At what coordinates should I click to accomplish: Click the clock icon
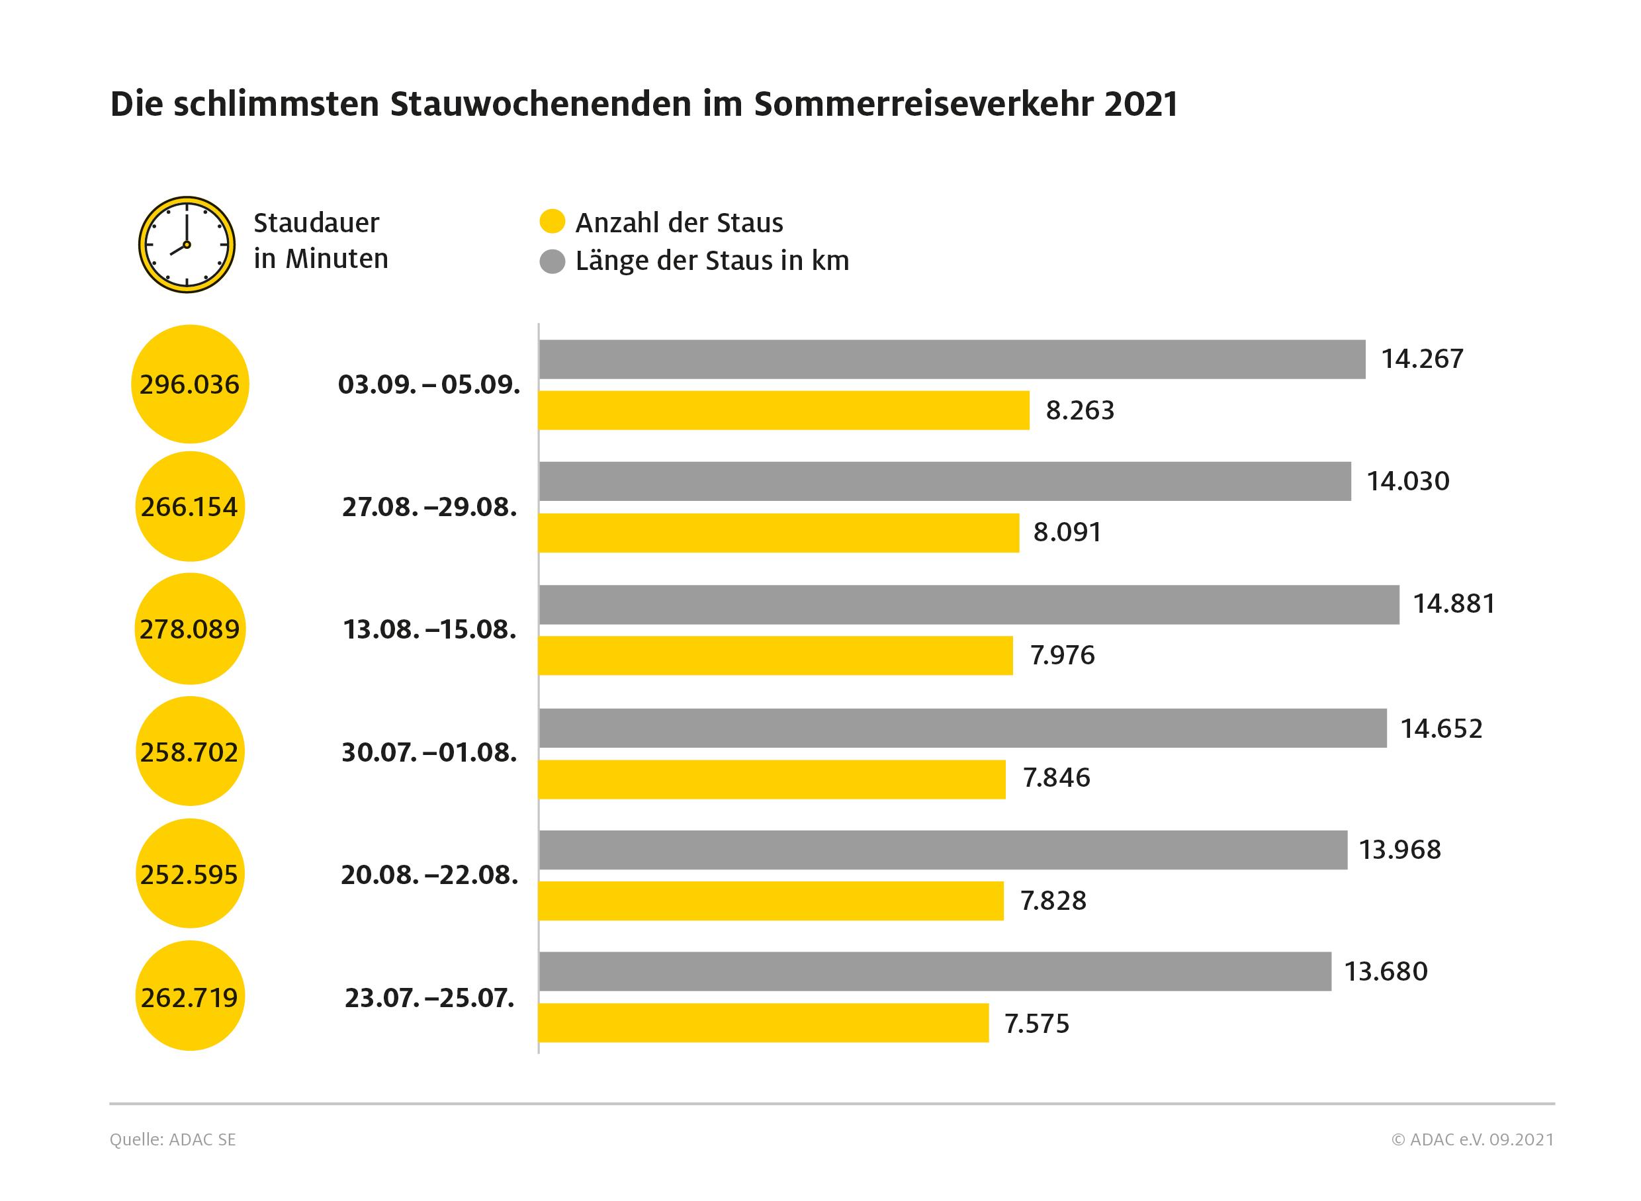pos(187,244)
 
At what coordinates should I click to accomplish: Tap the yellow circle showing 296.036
pos(190,384)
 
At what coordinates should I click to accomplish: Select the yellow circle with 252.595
pos(190,873)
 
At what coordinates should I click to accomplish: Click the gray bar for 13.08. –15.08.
pos(969,604)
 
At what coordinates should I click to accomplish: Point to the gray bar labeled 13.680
pos(934,971)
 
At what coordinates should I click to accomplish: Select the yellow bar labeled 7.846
pos(772,779)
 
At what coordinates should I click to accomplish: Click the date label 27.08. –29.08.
pos(429,507)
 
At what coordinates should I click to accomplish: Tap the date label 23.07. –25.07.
pos(429,997)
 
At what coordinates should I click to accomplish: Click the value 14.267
pos(1421,359)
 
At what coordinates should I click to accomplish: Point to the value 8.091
pos(1067,532)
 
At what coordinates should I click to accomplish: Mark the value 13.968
pos(1399,849)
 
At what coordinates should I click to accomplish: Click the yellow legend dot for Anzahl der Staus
pos(553,222)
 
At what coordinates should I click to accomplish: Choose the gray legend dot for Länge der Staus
pos(553,261)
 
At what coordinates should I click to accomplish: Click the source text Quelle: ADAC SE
pos(173,1139)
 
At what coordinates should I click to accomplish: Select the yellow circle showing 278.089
pos(190,629)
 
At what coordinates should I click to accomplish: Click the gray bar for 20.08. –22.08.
pos(942,850)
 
